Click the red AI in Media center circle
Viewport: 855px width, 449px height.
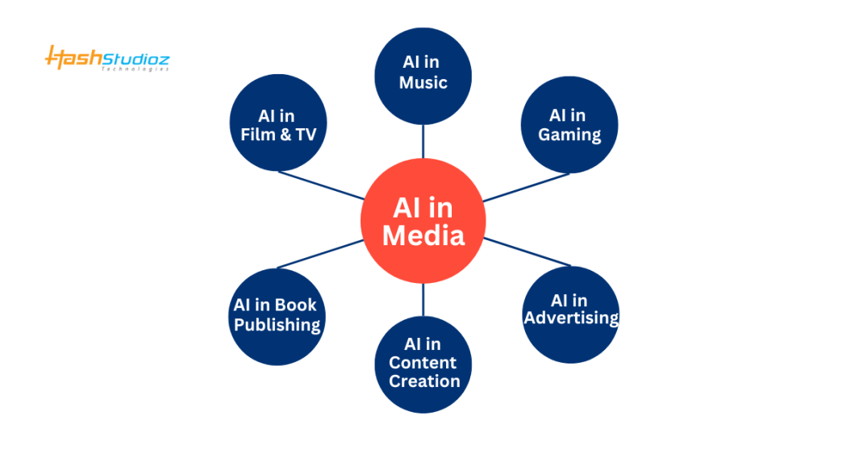point(423,221)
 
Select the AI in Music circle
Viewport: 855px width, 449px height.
point(423,75)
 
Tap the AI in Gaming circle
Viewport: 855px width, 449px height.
point(569,124)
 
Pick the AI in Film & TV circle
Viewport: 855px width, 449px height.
point(277,124)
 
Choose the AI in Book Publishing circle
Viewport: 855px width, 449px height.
point(277,316)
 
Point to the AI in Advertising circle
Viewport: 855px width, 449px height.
point(570,313)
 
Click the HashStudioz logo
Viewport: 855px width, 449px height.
point(107,58)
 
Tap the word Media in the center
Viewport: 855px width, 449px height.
point(423,235)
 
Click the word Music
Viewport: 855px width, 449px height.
point(423,83)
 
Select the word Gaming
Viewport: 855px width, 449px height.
point(569,134)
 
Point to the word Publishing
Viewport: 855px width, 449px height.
point(277,325)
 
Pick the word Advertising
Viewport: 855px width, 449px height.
point(571,318)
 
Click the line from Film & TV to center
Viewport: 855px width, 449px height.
point(320,185)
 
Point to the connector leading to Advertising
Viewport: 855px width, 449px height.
point(526,252)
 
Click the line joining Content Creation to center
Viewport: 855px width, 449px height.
point(423,299)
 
